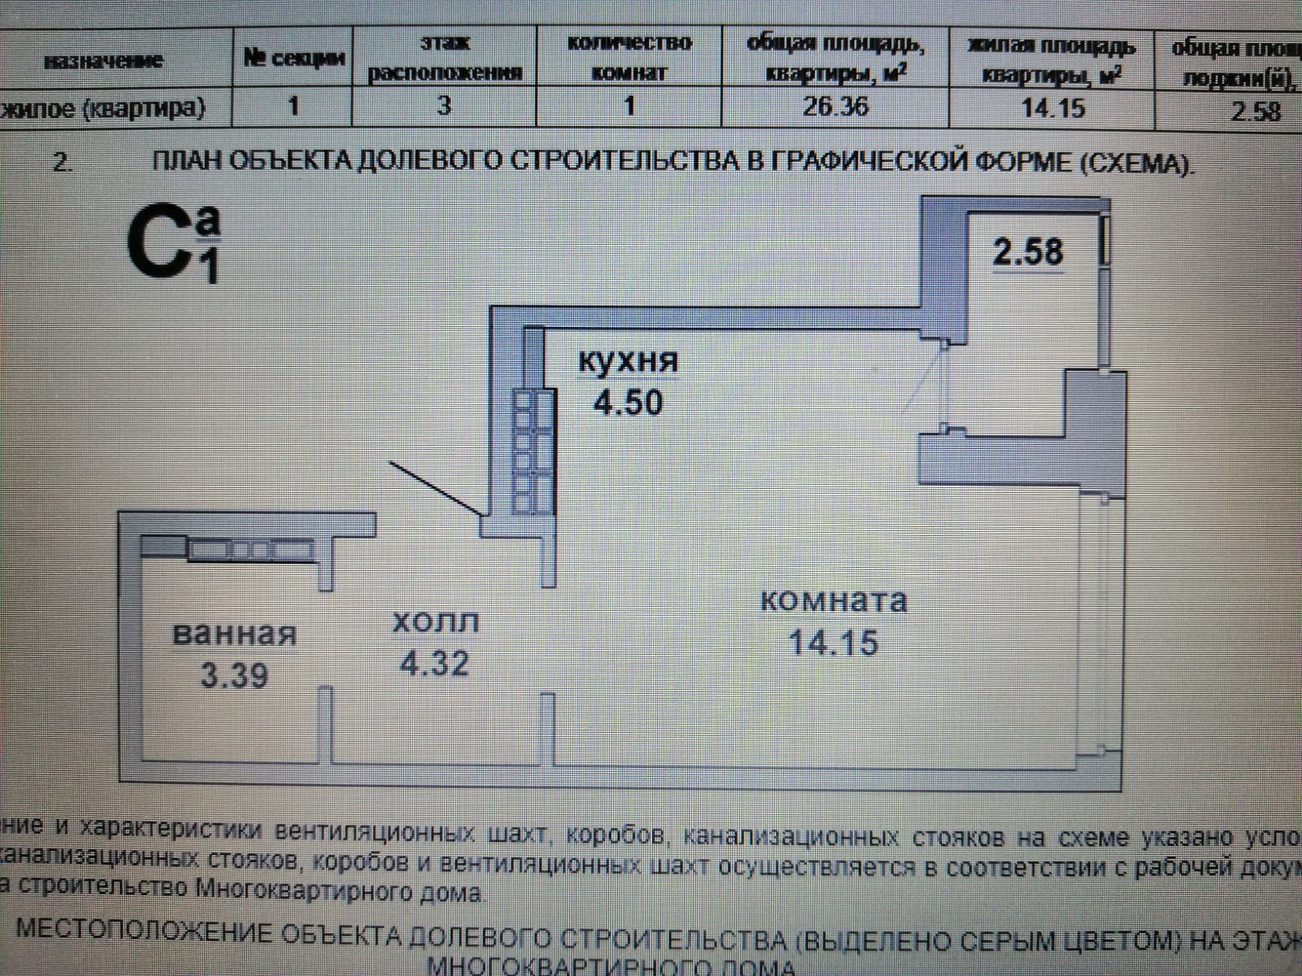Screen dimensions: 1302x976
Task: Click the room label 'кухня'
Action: [x=627, y=360]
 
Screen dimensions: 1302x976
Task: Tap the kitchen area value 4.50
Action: [x=627, y=403]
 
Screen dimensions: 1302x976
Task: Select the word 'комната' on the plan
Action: [x=833, y=601]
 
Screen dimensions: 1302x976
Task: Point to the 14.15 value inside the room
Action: [x=833, y=643]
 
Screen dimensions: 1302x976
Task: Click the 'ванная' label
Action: [x=235, y=634]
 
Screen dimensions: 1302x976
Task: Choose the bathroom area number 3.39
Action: [x=234, y=675]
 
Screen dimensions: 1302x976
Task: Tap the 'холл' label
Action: [x=435, y=622]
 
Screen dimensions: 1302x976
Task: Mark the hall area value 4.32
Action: [x=435, y=664]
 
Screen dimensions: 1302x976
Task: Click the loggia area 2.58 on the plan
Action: [x=1028, y=251]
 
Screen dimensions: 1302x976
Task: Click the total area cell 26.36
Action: [x=835, y=107]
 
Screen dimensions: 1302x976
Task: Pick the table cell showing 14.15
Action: [x=1053, y=107]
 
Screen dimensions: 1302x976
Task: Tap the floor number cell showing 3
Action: [x=444, y=105]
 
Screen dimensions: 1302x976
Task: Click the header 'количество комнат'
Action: [x=629, y=57]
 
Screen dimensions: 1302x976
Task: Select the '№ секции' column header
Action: [x=294, y=58]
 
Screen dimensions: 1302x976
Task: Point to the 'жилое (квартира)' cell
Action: [x=104, y=107]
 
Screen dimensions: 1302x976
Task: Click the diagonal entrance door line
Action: [x=435, y=488]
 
